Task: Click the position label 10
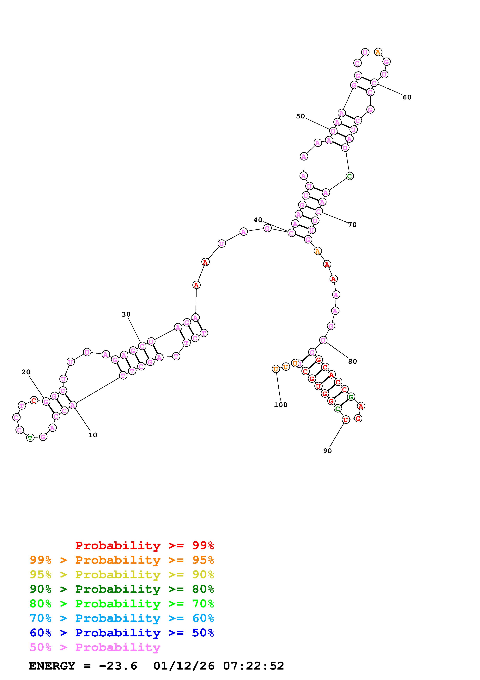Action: coord(93,435)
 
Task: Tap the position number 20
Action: coord(26,372)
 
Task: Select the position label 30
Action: coord(126,314)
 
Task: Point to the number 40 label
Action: coord(258,220)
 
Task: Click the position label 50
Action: coord(301,116)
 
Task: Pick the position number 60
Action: coord(407,97)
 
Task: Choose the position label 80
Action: coord(353,361)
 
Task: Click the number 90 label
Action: coord(327,451)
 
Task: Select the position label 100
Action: coord(281,405)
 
